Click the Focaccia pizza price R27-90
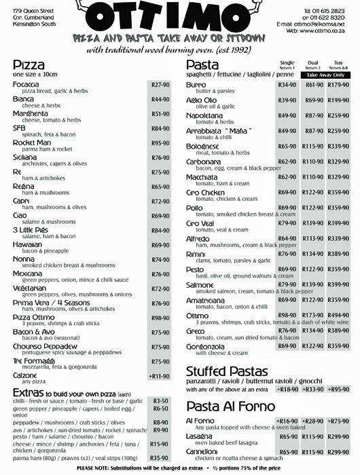tap(160, 85)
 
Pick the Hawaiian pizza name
tap(28, 244)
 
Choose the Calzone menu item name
tap(26, 375)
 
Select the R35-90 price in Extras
tap(160, 459)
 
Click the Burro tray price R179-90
tap(338, 85)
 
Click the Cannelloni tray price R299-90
tap(338, 451)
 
